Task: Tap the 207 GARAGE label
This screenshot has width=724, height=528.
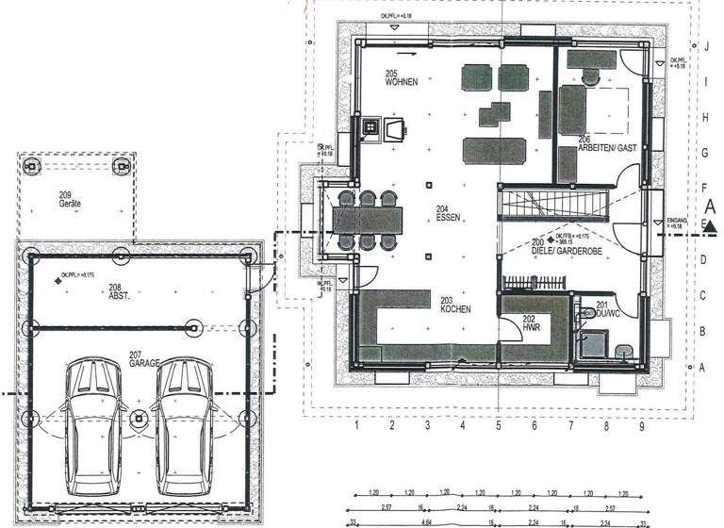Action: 144,358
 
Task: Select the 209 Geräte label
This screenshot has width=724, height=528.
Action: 67,200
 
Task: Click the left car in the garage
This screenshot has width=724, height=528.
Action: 93,420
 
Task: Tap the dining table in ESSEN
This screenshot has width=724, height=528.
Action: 367,220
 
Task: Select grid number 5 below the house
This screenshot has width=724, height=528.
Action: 498,427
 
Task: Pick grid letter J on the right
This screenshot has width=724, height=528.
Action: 705,45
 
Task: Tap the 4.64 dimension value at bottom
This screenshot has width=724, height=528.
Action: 427,520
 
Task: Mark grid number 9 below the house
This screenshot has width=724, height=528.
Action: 642,427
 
